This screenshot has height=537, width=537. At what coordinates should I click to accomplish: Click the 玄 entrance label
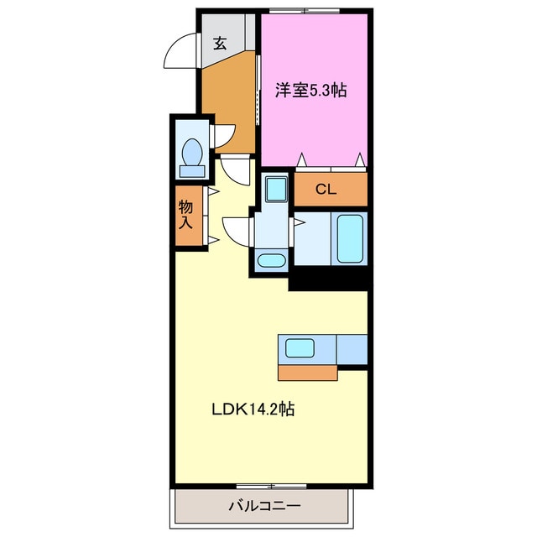click(219, 44)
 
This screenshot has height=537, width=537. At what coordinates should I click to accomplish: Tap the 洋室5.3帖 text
click(311, 91)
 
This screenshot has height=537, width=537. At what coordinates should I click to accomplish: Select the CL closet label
click(326, 190)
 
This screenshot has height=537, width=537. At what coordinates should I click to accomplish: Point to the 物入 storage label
click(186, 215)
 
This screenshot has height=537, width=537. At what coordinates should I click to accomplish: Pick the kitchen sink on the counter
click(300, 347)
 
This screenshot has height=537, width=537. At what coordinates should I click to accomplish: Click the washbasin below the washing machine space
click(270, 260)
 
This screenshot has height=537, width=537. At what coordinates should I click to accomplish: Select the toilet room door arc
click(224, 136)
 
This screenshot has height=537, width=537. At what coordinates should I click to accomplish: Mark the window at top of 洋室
click(304, 10)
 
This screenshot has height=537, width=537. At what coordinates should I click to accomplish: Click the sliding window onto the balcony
click(270, 486)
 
